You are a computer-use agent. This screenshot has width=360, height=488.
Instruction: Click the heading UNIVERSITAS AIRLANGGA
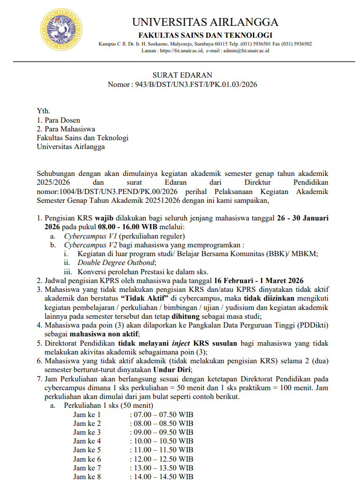pyautogui.click(x=205, y=22)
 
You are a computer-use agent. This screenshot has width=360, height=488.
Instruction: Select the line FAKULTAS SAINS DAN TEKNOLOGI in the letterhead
pyautogui.click(x=205, y=35)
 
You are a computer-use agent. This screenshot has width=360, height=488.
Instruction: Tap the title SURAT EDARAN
pyautogui.click(x=182, y=76)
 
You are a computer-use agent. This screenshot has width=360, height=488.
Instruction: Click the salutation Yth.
pyautogui.click(x=43, y=111)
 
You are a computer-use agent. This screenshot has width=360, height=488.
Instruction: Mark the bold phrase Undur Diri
pyautogui.click(x=172, y=370)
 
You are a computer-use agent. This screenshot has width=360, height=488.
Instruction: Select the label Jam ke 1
pyautogui.click(x=87, y=415)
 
